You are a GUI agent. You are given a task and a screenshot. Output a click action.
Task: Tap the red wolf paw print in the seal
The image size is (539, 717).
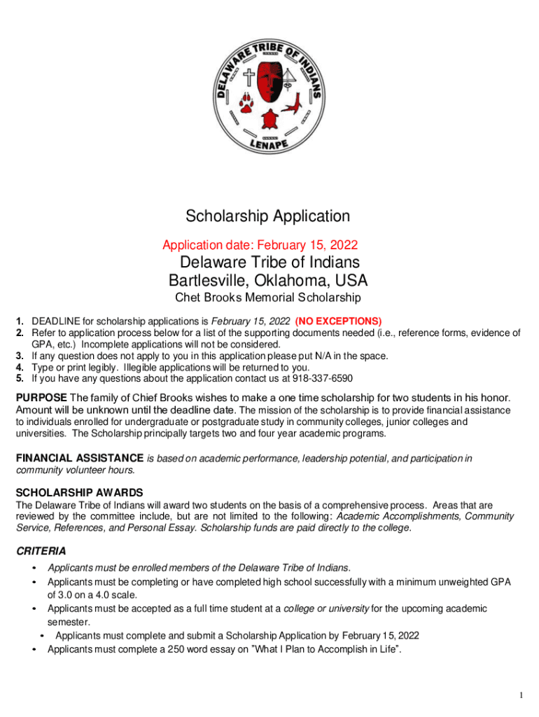(246, 103)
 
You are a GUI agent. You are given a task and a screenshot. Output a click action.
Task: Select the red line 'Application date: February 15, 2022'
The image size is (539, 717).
(260, 245)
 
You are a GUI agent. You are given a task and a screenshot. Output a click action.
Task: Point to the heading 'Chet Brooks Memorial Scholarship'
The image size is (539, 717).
(267, 298)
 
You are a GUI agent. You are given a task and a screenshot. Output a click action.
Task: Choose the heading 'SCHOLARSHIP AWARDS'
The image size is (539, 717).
(79, 492)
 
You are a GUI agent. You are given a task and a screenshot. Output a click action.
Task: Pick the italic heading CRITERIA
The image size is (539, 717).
(41, 551)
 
